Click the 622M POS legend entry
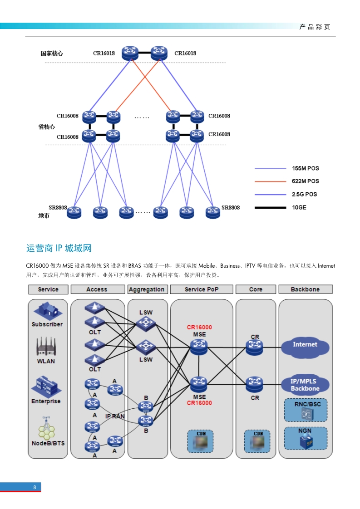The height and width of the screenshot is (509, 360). pos(305,181)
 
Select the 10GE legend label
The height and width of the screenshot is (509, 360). pos(299,208)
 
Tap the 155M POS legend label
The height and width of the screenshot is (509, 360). pos(305,168)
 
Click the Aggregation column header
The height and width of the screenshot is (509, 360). pos(147,289)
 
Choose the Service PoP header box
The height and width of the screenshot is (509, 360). pos(202,289)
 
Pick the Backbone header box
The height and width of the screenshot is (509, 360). pos(305,289)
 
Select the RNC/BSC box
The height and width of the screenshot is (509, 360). pos(305,410)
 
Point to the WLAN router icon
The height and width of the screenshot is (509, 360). pos(46,347)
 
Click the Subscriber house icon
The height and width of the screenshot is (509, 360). pos(47,311)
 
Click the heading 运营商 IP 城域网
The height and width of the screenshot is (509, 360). pos(59,248)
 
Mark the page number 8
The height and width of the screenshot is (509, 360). pos(35,487)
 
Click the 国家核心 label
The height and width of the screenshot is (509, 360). pos(52,54)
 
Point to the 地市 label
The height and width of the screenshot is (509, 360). pos(44,216)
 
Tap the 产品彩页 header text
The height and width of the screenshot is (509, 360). pos(315,27)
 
